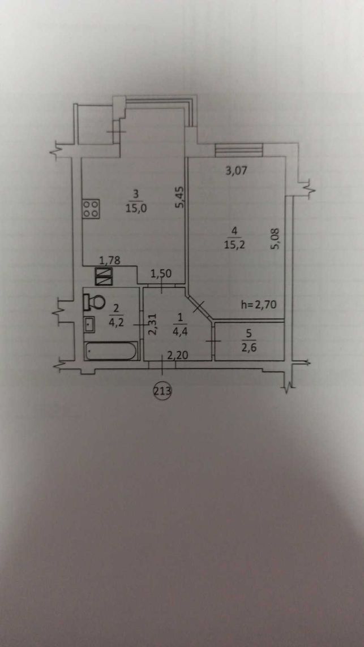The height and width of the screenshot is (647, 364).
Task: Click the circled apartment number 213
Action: (x=162, y=390)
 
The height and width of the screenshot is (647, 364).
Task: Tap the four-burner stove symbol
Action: (x=92, y=209)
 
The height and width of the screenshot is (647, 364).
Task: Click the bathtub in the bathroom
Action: (x=111, y=351)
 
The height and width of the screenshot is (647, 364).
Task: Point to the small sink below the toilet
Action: (x=89, y=324)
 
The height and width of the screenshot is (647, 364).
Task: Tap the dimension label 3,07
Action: (x=237, y=170)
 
